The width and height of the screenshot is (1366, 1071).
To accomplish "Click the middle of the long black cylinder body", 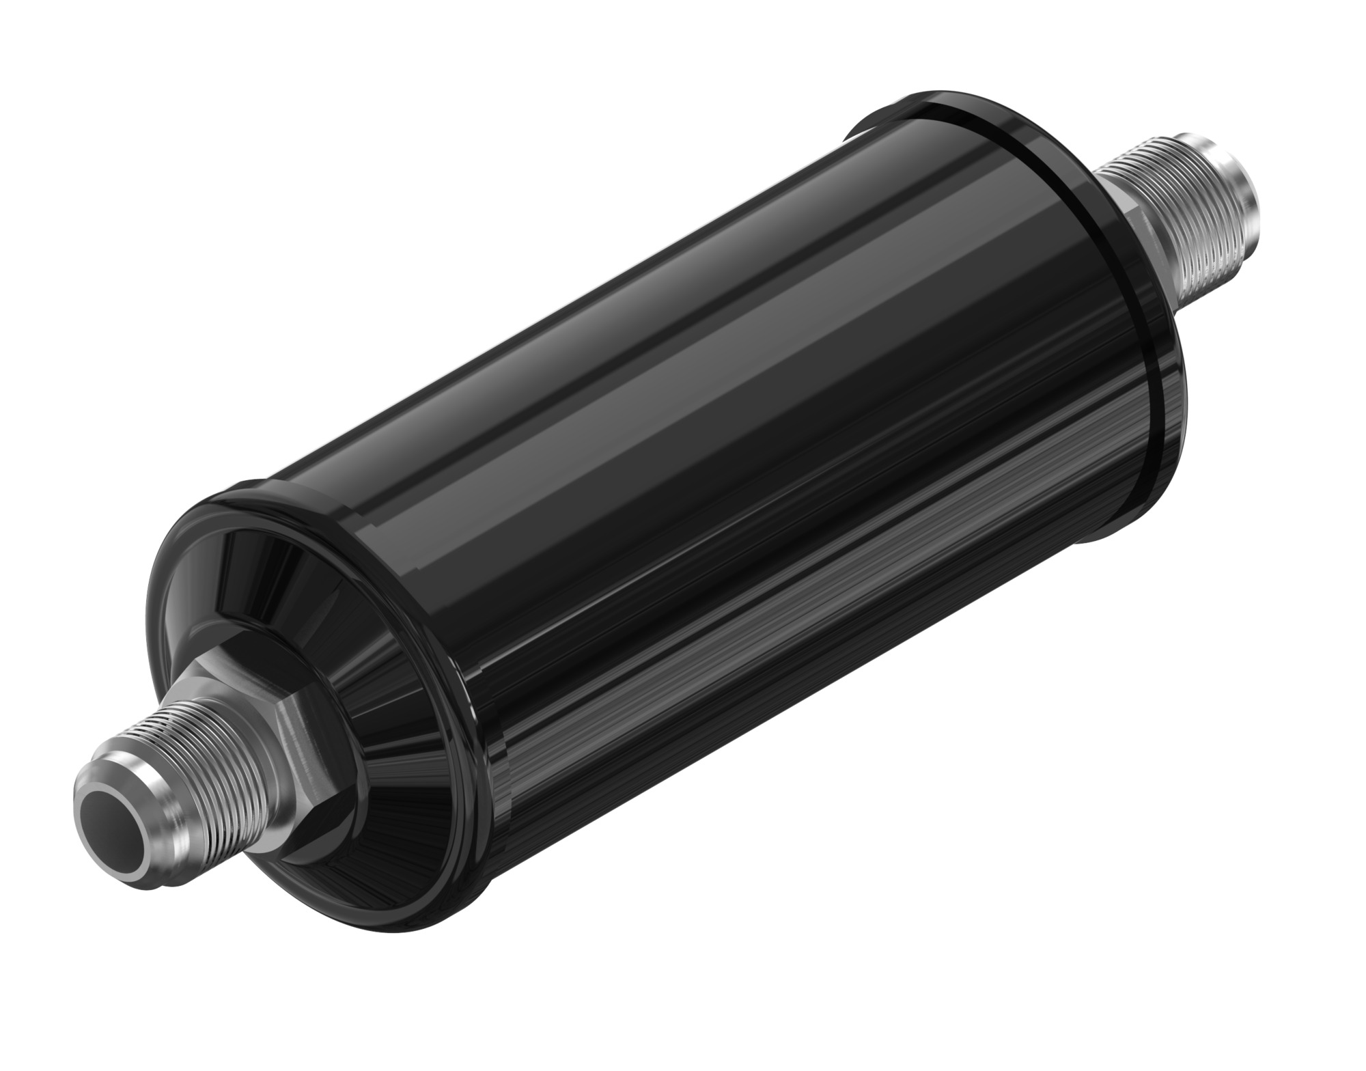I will (x=717, y=478).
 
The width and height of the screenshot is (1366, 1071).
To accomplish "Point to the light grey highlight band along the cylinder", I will (x=683, y=382).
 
